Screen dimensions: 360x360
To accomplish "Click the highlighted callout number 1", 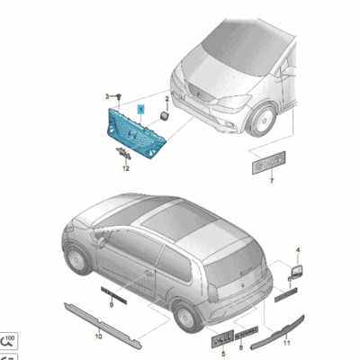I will tap(139, 107).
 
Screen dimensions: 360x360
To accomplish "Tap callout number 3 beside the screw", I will tap(105, 95).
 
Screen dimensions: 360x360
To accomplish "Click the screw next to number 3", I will tap(118, 96).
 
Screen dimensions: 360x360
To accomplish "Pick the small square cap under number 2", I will tap(166, 115).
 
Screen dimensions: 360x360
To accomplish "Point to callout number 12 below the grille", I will tap(126, 168).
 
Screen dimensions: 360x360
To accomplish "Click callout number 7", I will tap(270, 179).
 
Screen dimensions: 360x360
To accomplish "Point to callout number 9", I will tap(111, 306).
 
